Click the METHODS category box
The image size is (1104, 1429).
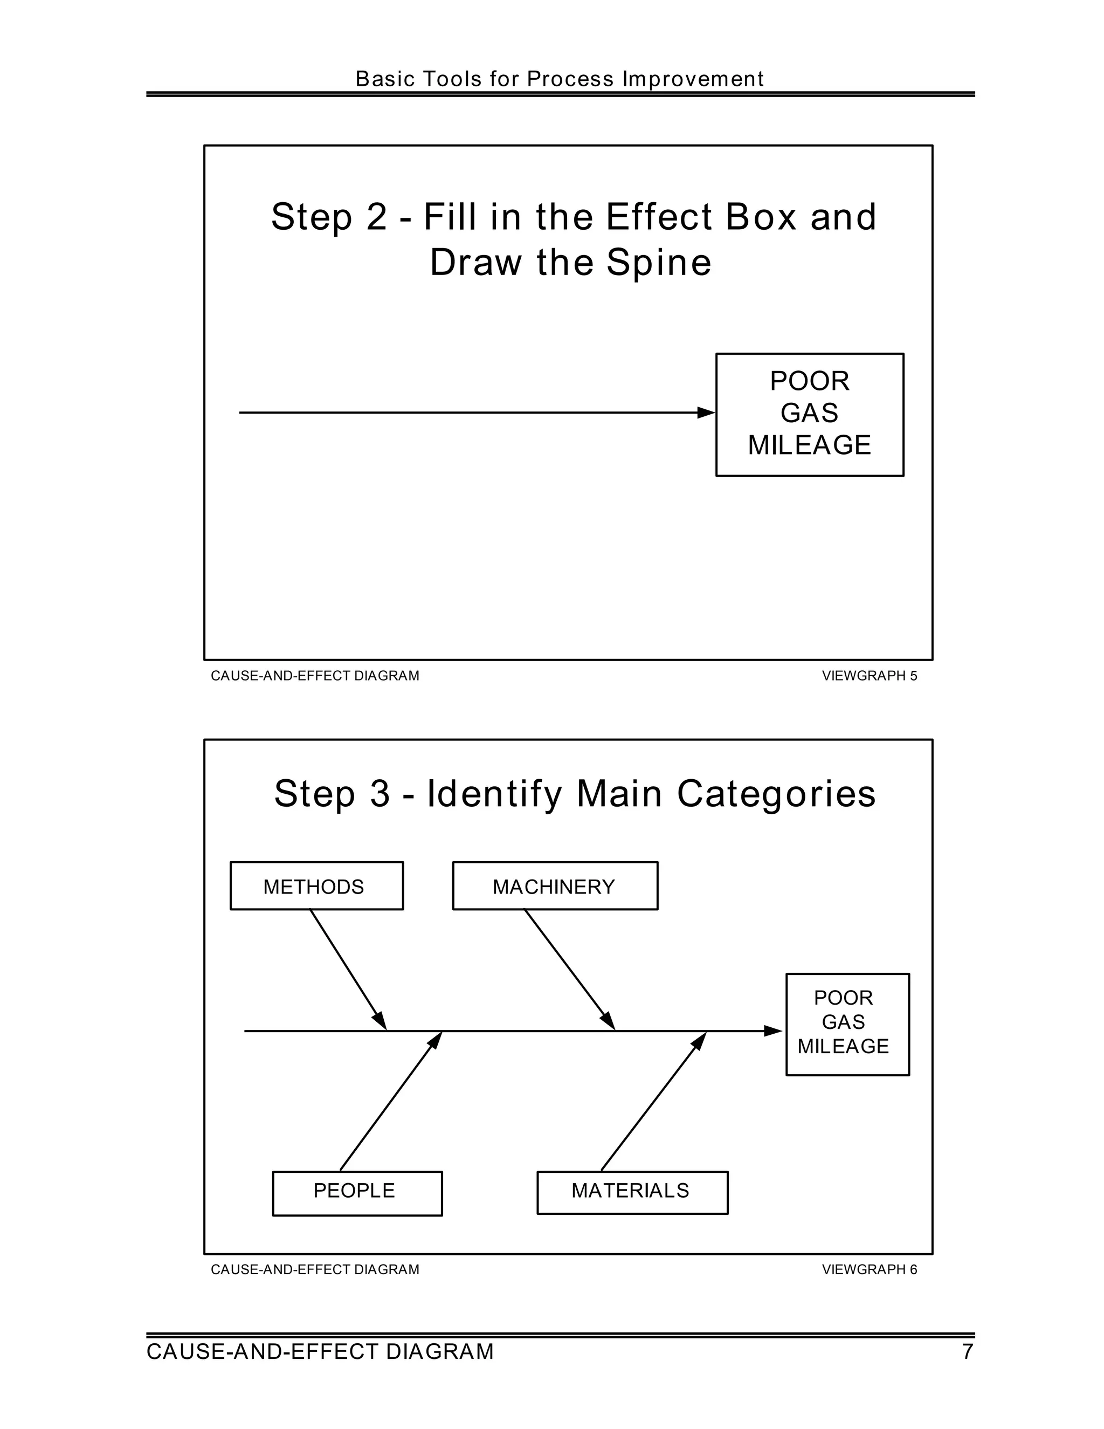[316, 886]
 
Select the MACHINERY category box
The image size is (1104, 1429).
[555, 886]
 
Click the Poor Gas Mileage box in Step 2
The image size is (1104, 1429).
[810, 414]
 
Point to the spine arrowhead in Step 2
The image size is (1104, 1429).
[706, 412]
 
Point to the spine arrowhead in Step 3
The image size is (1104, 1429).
[773, 1031]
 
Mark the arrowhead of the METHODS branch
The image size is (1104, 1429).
[380, 1021]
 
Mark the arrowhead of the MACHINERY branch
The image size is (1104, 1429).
[608, 1021]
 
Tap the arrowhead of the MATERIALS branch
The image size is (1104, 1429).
[700, 1040]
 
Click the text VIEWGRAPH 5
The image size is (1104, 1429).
[869, 676]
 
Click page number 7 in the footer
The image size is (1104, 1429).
[967, 1352]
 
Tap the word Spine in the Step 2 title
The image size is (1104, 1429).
[659, 263]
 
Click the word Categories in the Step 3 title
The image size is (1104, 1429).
[776, 794]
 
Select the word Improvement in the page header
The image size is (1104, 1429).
[693, 79]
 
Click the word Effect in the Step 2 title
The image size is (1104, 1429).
[659, 217]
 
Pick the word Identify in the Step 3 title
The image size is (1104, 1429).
[494, 794]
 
